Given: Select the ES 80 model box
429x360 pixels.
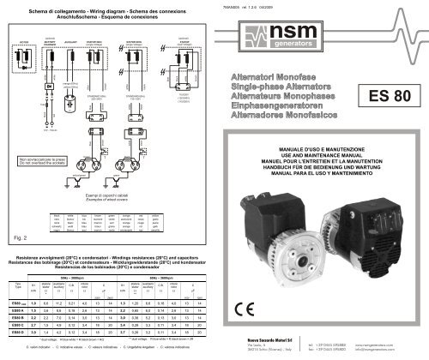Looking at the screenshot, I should (x=384, y=97).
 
